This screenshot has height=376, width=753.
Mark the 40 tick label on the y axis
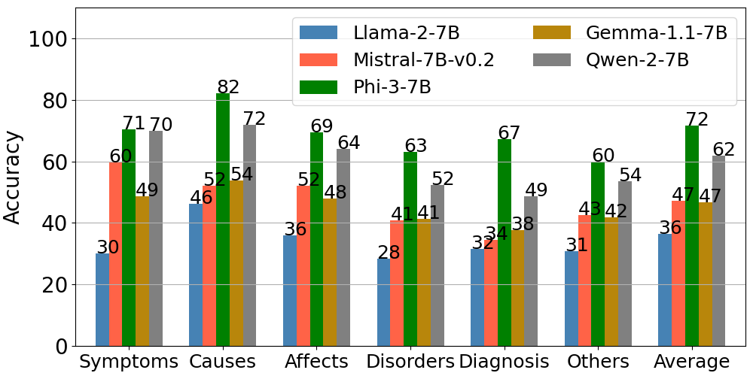[56, 223]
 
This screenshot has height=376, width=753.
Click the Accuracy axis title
[13, 177]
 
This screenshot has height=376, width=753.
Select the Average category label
[691, 361]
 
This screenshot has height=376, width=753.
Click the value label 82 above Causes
[228, 87]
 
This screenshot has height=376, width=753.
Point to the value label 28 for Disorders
[389, 253]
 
